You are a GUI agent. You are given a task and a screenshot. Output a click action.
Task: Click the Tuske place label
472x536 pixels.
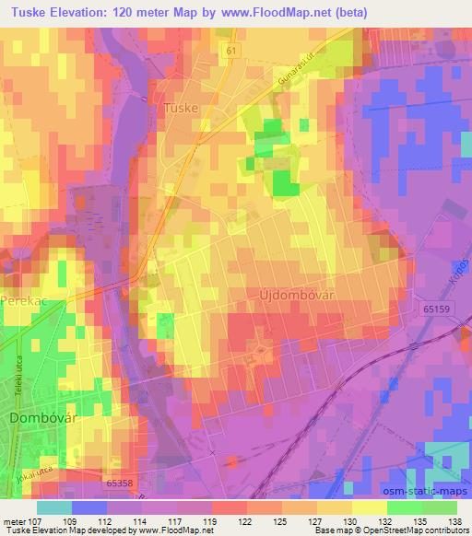click(x=181, y=107)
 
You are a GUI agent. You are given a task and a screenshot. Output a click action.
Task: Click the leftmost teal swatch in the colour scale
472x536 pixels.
click(x=53, y=507)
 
